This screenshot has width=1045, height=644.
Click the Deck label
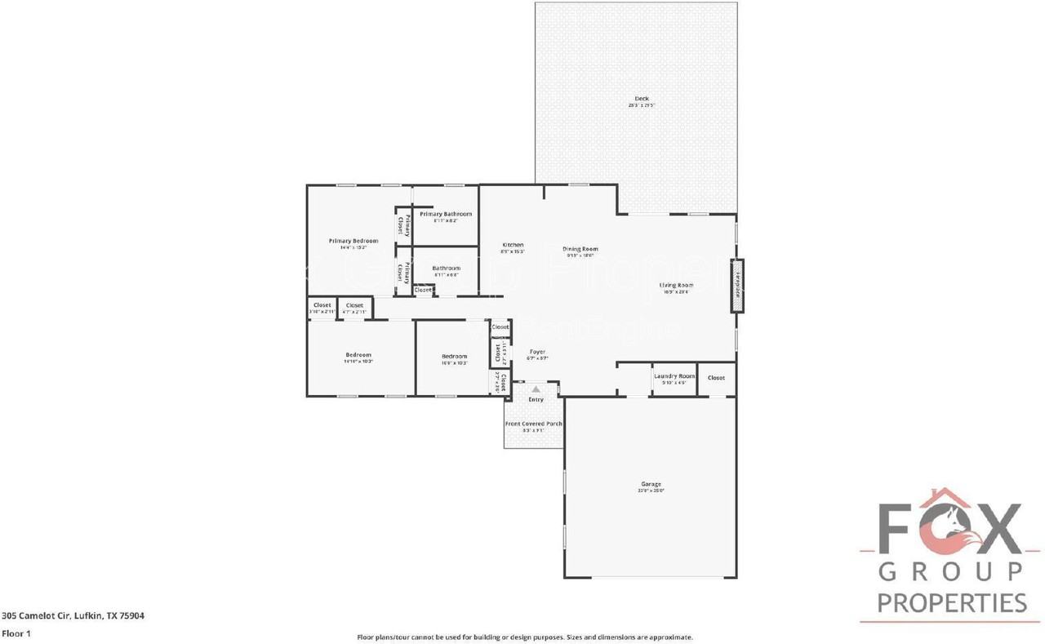click(642, 99)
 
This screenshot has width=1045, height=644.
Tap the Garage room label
click(651, 484)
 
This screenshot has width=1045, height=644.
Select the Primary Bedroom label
click(353, 241)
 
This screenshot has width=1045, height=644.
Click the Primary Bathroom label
click(445, 214)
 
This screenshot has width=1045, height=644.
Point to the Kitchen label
click(513, 245)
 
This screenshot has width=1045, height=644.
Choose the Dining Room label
click(580, 249)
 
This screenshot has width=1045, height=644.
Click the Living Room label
click(675, 285)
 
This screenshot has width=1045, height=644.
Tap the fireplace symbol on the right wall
click(737, 286)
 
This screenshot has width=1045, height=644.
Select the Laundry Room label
click(674, 376)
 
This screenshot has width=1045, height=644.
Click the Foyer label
click(536, 352)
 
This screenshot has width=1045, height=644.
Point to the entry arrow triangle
click(536, 390)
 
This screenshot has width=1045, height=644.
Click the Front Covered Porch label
click(533, 424)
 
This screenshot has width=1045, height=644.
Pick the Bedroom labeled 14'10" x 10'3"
click(358, 355)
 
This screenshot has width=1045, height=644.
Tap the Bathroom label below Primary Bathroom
click(446, 268)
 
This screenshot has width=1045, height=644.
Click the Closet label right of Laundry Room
click(716, 378)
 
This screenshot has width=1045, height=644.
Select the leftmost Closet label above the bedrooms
click(322, 305)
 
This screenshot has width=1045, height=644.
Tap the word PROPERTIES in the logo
click(952, 602)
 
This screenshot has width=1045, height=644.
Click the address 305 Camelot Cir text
click(73, 616)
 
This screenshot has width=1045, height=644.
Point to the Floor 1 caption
click(16, 633)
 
